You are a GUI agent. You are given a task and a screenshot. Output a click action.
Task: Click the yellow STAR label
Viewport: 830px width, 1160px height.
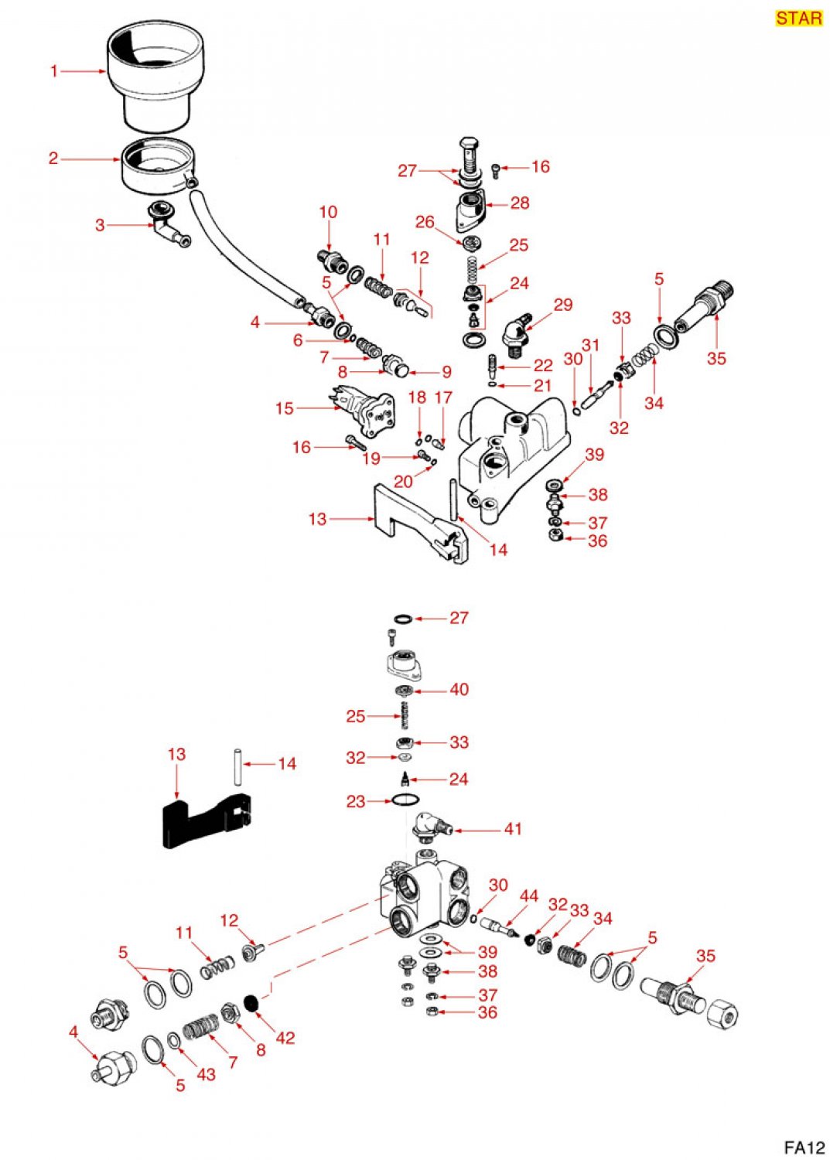pyautogui.click(x=799, y=18)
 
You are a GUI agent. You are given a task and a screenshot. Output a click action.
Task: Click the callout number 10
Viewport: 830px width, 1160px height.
pyautogui.click(x=328, y=212)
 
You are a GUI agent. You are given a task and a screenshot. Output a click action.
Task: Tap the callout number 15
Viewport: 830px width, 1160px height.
pyautogui.click(x=285, y=408)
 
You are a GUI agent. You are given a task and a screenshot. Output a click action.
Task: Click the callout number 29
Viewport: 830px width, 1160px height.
pyautogui.click(x=562, y=305)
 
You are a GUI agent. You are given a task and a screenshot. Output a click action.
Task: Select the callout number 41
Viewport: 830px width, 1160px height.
pyautogui.click(x=513, y=829)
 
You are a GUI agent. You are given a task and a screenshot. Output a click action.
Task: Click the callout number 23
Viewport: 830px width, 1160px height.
pyautogui.click(x=356, y=802)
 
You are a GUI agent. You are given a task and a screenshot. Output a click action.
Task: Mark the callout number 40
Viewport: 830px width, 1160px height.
pyautogui.click(x=459, y=689)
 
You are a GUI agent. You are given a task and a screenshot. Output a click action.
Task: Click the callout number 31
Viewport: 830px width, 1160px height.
pyautogui.click(x=591, y=346)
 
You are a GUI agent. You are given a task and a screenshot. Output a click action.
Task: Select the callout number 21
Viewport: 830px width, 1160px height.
pyautogui.click(x=542, y=385)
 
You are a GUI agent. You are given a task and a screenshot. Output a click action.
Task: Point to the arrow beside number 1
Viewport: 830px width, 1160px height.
pyautogui.click(x=84, y=71)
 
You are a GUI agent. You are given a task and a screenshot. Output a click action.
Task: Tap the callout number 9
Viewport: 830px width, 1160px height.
pyautogui.click(x=446, y=372)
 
